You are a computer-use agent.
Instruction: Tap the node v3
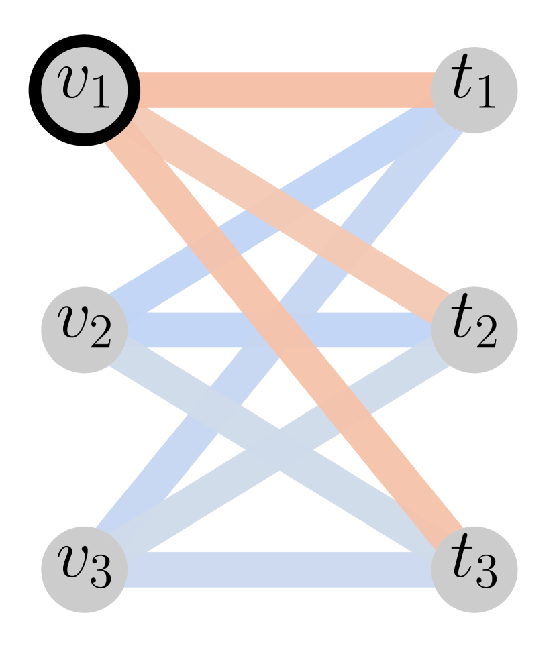coord(84,569)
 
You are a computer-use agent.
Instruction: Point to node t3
coord(474,569)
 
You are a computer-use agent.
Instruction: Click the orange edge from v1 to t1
coord(282,89)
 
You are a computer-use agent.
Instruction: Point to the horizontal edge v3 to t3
coord(282,569)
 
